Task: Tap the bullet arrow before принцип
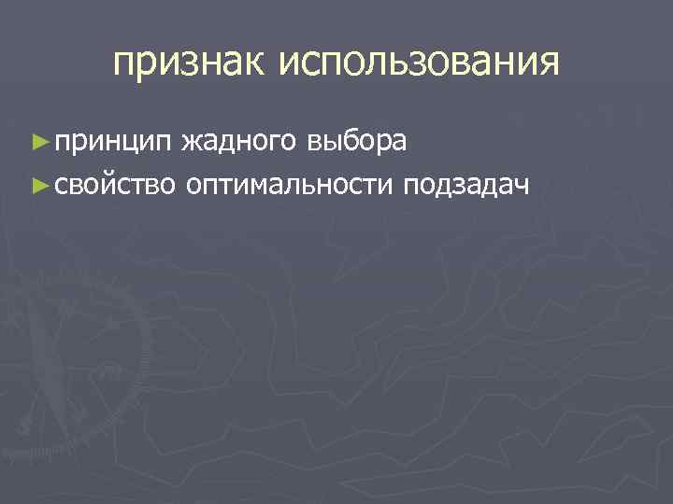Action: (x=37, y=141)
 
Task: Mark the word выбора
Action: (x=356, y=141)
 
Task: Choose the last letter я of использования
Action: (x=551, y=63)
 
